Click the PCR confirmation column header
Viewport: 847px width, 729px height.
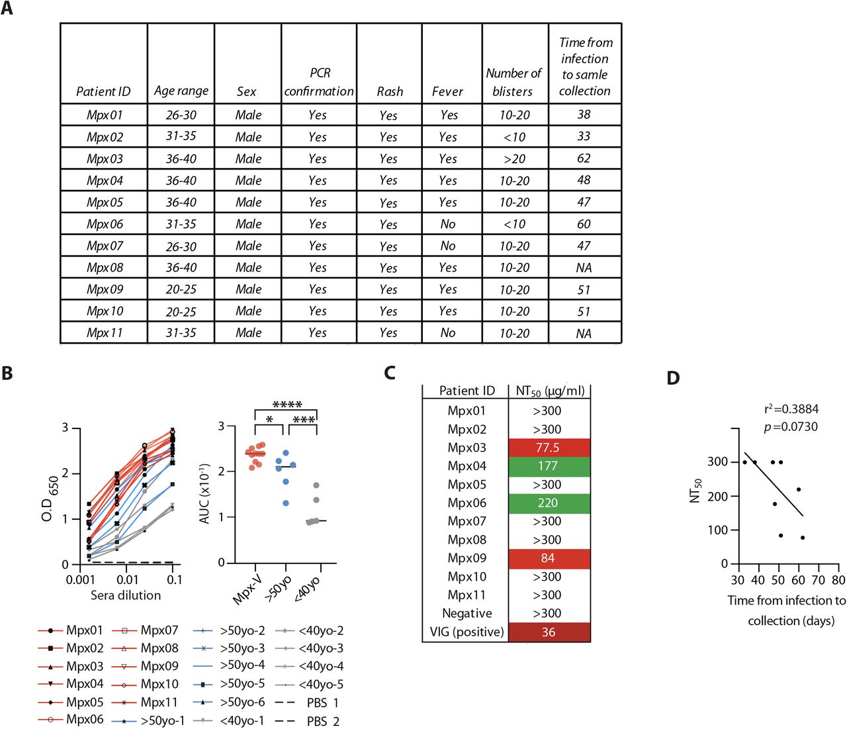(x=319, y=82)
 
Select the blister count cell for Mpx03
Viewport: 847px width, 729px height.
(x=515, y=159)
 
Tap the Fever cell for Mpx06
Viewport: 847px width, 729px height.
(x=448, y=224)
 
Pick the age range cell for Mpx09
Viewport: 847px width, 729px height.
(x=181, y=289)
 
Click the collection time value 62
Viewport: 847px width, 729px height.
(x=584, y=159)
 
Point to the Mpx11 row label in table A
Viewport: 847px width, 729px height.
(x=105, y=333)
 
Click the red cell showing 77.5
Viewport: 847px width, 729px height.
(x=548, y=448)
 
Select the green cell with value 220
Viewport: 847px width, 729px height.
(x=548, y=503)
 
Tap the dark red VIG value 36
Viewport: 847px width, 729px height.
(x=549, y=632)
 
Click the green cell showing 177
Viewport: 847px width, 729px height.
(x=548, y=466)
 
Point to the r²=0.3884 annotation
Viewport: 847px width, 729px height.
(x=791, y=409)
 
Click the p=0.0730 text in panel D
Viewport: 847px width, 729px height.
(x=791, y=427)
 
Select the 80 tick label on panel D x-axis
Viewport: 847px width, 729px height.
(x=838, y=581)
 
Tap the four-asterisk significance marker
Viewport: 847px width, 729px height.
(x=287, y=405)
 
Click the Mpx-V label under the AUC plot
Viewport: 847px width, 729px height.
(x=248, y=591)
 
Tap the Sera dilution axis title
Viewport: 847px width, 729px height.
(x=126, y=595)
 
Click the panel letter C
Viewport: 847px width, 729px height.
(x=390, y=373)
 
